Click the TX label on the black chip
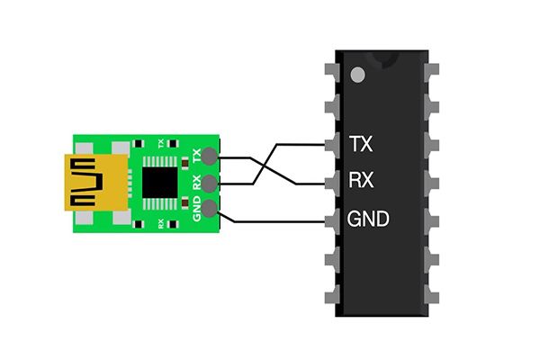tap(360, 144)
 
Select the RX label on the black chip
tap(361, 181)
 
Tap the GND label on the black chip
tap(368, 219)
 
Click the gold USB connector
tap(85, 183)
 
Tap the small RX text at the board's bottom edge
tap(160, 222)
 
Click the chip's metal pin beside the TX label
tap(329, 143)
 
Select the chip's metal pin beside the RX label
tap(329, 181)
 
